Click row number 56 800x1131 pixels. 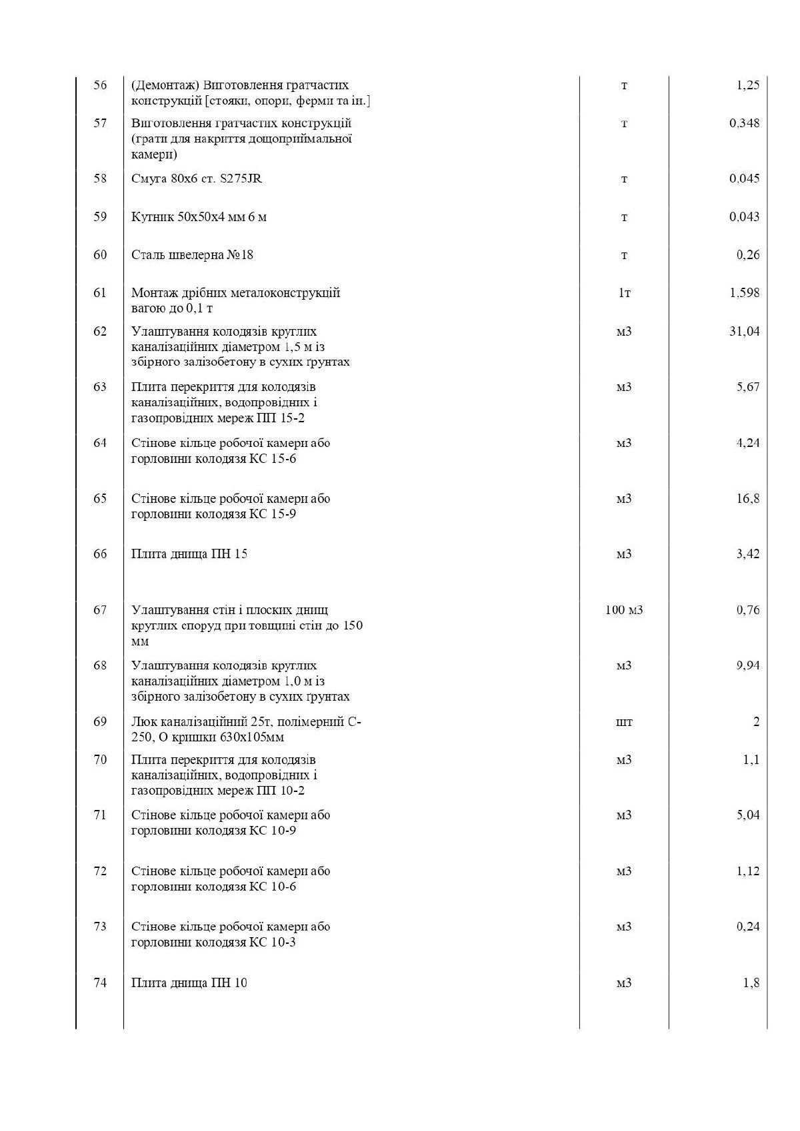pyautogui.click(x=100, y=85)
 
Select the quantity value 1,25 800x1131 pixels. pyautogui.click(x=747, y=85)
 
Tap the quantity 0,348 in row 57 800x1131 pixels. pyautogui.click(x=744, y=123)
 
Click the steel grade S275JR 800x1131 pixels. pyautogui.click(x=241, y=179)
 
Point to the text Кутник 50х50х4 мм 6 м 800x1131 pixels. pyautogui.click(x=199, y=217)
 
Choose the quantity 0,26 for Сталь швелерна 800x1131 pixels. pyautogui.click(x=747, y=255)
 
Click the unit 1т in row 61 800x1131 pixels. pyautogui.click(x=624, y=293)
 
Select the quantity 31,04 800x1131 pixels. pyautogui.click(x=744, y=332)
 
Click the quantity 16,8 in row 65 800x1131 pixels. pyautogui.click(x=747, y=499)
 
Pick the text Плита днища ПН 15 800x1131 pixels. pyautogui.click(x=189, y=554)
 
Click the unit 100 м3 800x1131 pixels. pyautogui.click(x=624, y=610)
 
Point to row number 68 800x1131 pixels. pyautogui.click(x=100, y=665)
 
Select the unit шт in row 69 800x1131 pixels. pyautogui.click(x=624, y=722)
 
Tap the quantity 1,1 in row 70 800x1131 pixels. pyautogui.click(x=751, y=760)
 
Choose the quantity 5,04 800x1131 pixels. pyautogui.click(x=747, y=815)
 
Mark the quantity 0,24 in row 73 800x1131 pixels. pyautogui.click(x=747, y=927)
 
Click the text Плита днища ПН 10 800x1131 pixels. pyautogui.click(x=189, y=983)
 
